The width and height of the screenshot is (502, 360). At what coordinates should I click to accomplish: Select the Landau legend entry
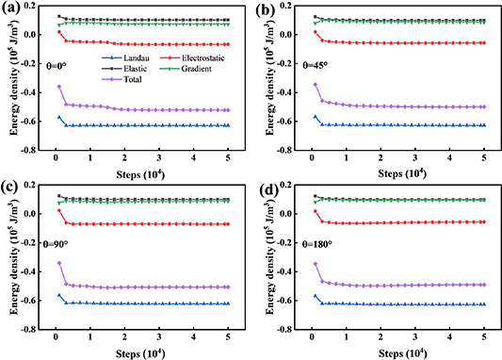[110, 58]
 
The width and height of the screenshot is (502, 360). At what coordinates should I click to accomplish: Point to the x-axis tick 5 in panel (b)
[484, 158]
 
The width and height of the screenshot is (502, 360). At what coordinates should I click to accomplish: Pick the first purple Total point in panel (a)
[58, 87]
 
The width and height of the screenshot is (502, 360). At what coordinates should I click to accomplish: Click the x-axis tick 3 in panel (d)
[415, 337]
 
